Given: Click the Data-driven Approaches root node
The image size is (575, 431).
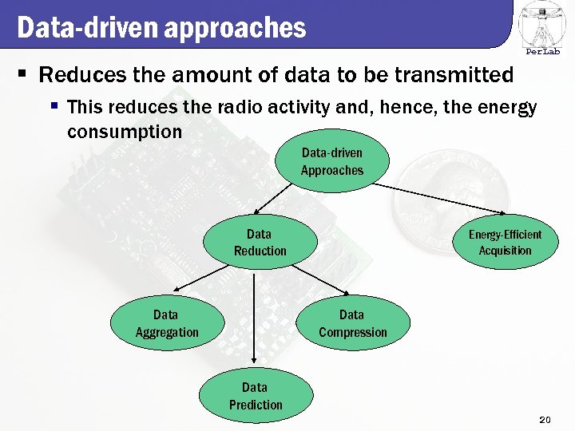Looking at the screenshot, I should [332, 162].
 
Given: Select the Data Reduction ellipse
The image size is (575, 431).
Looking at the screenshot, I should [260, 243].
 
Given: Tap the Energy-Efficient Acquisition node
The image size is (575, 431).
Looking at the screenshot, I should [504, 242].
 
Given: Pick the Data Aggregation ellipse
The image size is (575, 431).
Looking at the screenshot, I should [166, 323].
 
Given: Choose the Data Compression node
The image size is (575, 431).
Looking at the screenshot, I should [352, 323].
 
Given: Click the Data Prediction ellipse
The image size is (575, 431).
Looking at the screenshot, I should [256, 396].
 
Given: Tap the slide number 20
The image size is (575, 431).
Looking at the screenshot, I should [546, 420].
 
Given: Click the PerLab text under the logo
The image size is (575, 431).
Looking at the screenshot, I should [542, 52].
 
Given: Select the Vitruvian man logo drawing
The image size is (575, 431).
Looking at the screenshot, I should [542, 23].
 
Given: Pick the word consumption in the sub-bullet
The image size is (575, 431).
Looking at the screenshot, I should [125, 131].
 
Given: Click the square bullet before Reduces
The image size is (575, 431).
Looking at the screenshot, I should [23, 75].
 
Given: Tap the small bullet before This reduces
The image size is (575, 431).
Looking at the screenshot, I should [54, 105].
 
